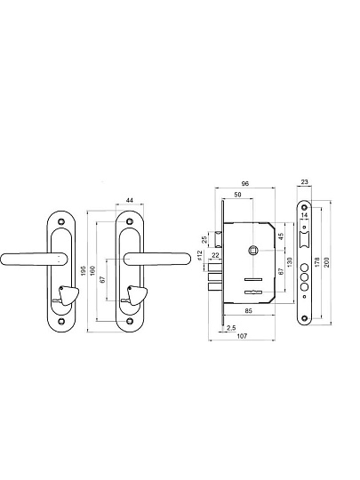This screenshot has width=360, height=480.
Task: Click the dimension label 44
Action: click(130, 200)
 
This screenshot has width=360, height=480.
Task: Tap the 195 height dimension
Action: click(84, 270)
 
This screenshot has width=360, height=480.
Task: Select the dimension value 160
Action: click(92, 270)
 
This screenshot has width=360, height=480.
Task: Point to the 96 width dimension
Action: click(245, 184)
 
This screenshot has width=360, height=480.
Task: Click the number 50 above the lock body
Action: click(237, 195)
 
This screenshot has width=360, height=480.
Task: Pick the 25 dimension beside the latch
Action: click(204, 239)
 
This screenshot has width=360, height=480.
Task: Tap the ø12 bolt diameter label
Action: click(200, 255)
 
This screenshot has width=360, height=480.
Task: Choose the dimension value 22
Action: click(215, 255)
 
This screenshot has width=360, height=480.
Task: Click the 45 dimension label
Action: click(281, 236)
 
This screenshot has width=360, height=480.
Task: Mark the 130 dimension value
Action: click(290, 261)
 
